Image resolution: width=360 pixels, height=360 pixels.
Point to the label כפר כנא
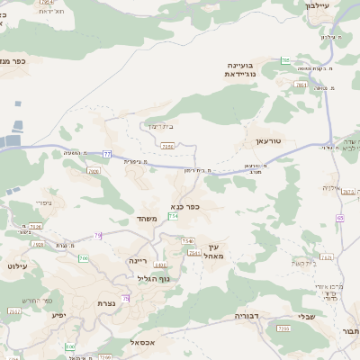pos(184,206)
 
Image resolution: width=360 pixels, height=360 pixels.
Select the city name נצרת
pos(105,303)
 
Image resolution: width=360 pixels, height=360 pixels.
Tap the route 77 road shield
pos(107,154)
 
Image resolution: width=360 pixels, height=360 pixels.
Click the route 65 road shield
pos(340,218)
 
